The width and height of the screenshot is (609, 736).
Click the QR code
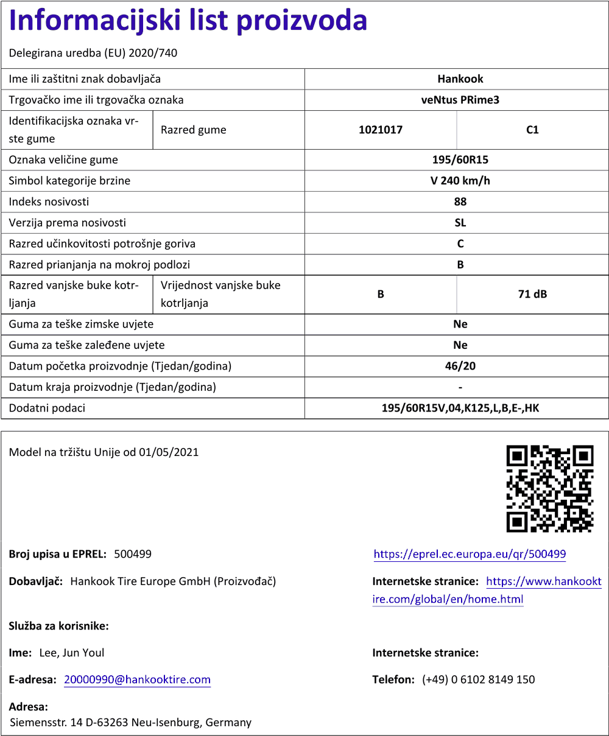tap(550, 488)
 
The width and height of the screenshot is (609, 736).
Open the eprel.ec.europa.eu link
tap(470, 554)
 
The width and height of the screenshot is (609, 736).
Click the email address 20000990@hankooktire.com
tap(137, 679)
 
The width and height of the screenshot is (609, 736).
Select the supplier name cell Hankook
tap(460, 79)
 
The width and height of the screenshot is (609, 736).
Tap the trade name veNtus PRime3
tap(460, 100)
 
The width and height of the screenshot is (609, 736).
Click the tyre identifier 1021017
tap(381, 130)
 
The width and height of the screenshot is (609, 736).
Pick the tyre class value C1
tap(532, 130)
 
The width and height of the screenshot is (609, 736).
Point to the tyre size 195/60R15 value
tap(460, 160)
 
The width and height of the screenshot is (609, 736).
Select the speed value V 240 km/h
tap(460, 181)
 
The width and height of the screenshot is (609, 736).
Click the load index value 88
tap(460, 202)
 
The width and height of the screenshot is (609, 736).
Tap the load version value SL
tap(460, 223)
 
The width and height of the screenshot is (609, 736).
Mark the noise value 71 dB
tap(532, 294)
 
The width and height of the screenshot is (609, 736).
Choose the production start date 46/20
tap(460, 366)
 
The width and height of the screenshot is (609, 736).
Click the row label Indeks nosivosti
tap(49, 202)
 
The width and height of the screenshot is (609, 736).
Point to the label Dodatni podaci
tap(47, 408)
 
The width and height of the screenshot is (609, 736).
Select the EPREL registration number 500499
tap(133, 554)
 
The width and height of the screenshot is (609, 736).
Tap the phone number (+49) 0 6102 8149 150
tap(478, 679)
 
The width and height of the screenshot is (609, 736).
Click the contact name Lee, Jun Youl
tap(72, 653)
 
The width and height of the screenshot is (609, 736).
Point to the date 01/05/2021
tap(169, 452)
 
